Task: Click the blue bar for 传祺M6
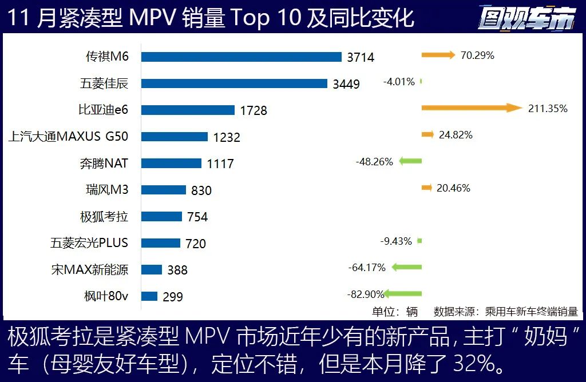241,57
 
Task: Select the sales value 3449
346,84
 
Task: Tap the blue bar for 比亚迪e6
188,110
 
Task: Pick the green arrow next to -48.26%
410,161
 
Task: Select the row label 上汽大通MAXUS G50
69,137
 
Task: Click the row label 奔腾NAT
104,163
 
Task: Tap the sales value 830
200,190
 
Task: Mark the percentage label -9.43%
396,241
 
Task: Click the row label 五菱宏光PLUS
89,242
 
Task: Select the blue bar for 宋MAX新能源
152,269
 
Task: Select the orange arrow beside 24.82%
427,135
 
